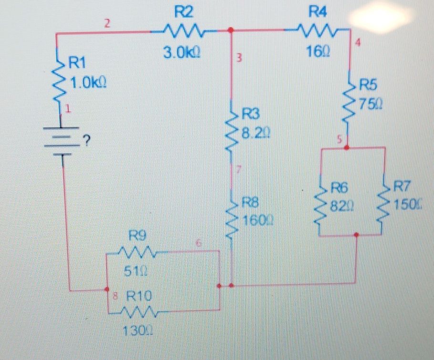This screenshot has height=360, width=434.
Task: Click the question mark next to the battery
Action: tap(86, 140)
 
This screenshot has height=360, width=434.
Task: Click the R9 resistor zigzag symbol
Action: tap(136, 251)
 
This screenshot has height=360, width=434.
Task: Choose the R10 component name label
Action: tap(138, 296)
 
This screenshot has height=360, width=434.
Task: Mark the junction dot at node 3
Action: tap(232, 31)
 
